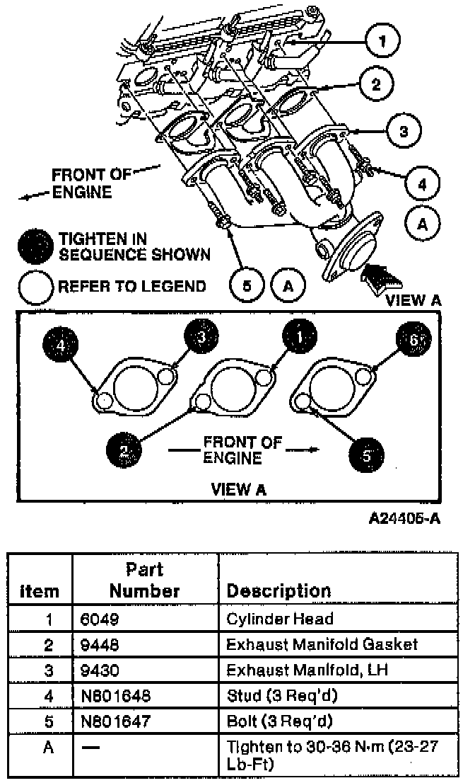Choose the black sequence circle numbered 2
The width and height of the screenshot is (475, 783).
pos(124,449)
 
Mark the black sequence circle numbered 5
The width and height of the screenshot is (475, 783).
pos(367,452)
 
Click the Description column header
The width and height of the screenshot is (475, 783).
pos(278,590)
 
